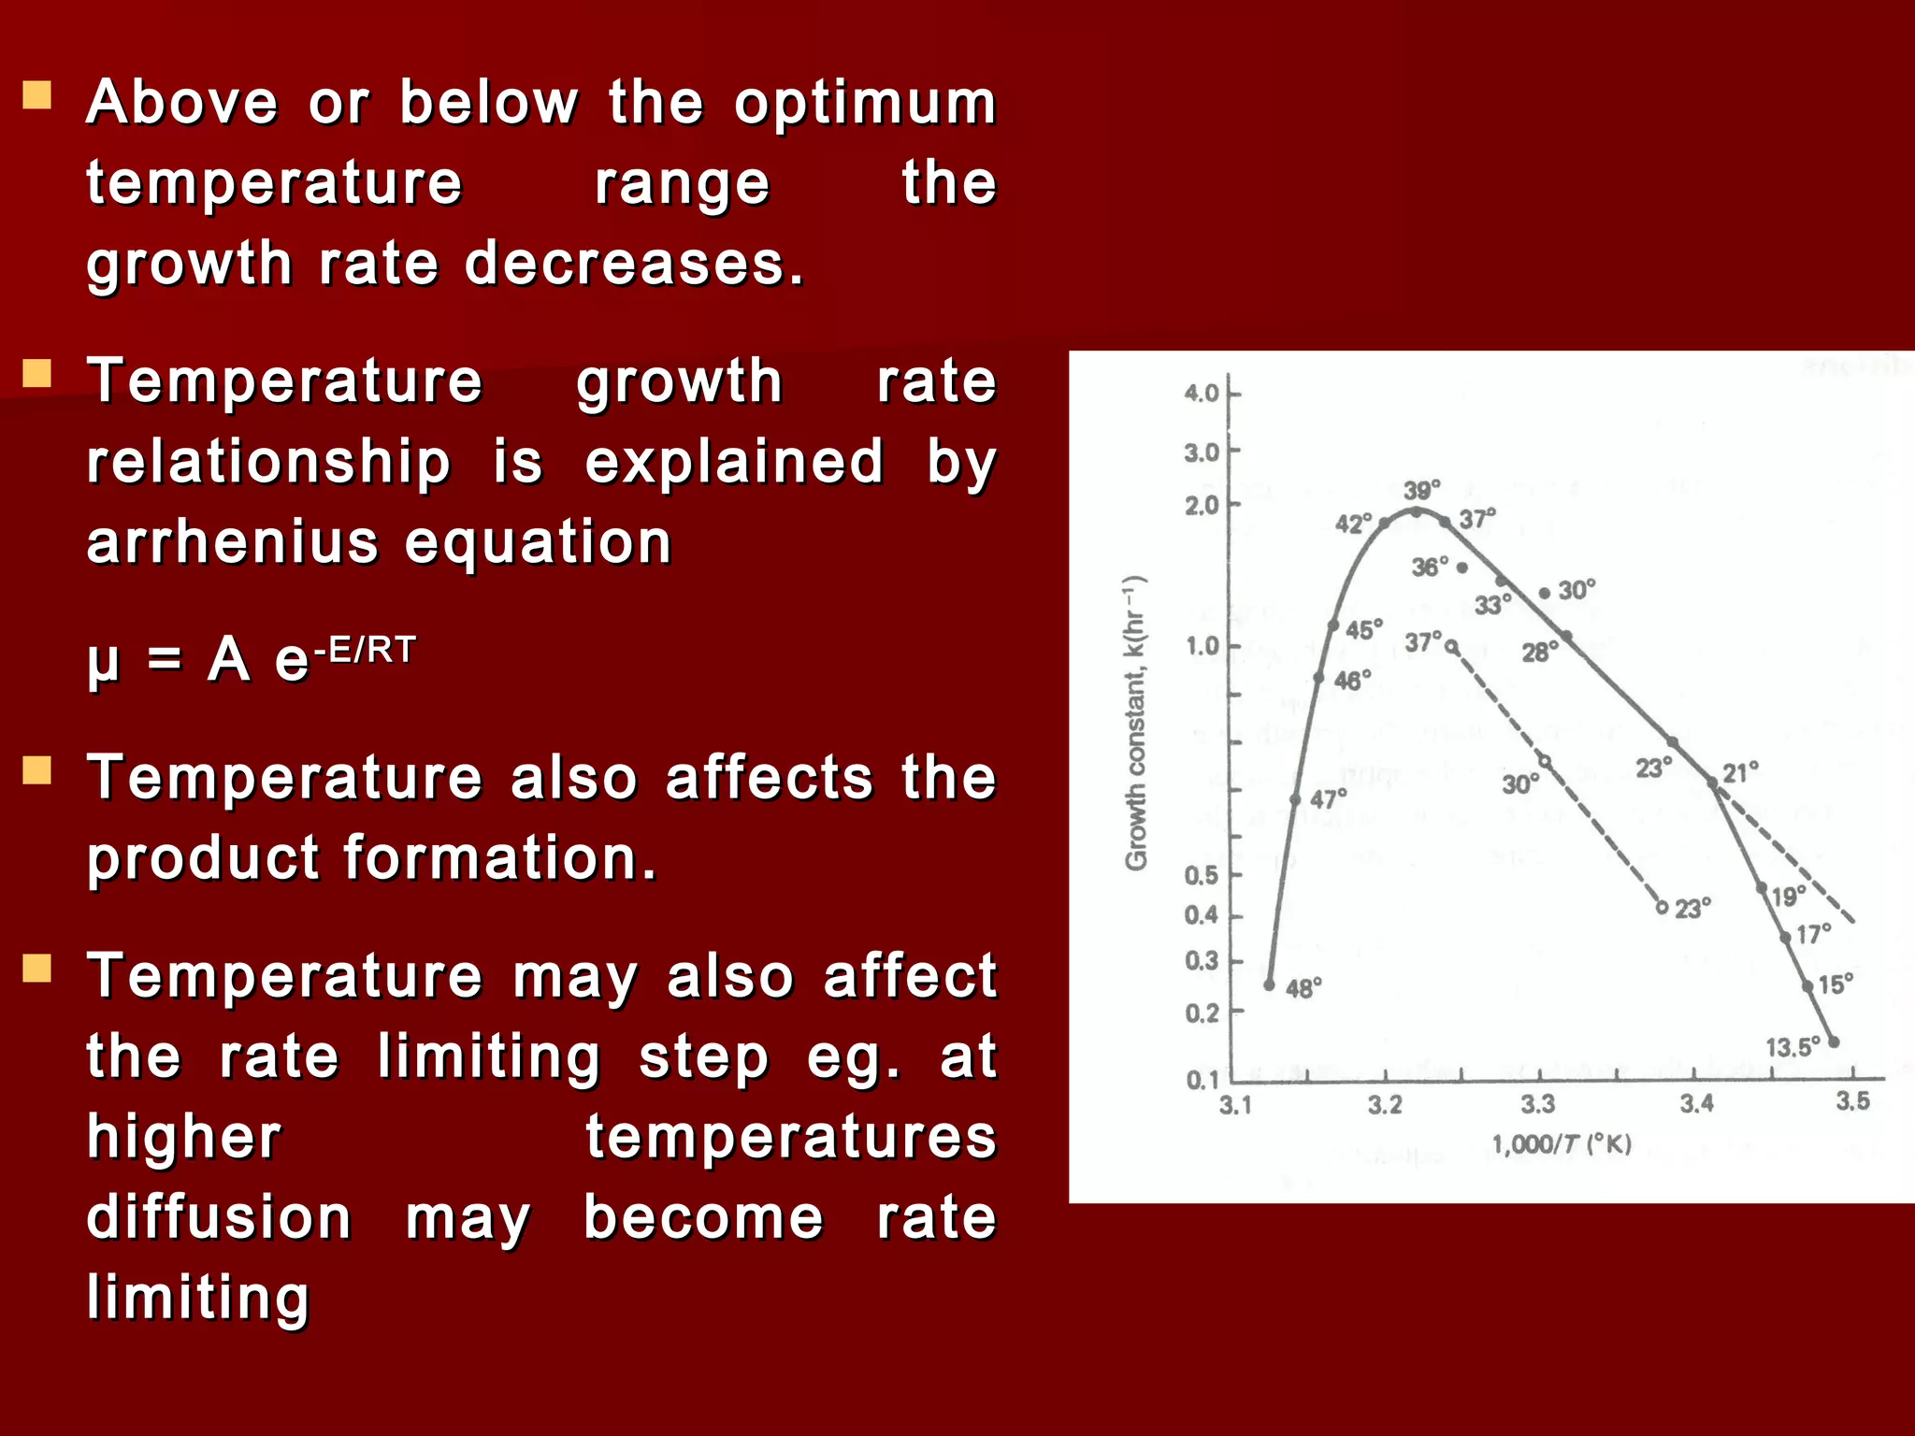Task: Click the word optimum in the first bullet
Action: point(865,105)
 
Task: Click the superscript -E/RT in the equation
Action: point(365,649)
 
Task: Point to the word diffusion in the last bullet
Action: point(219,1217)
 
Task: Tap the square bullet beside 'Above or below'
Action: point(37,95)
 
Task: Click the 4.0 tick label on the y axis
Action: point(1202,394)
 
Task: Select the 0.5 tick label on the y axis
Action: point(1202,876)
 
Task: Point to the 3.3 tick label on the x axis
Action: point(1537,1105)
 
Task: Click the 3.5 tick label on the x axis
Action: point(1852,1101)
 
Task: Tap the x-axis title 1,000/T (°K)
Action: point(1561,1144)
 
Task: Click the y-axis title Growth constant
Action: point(1135,724)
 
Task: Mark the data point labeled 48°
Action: point(1269,984)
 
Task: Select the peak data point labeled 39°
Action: point(1416,511)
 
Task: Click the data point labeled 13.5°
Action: point(1834,1041)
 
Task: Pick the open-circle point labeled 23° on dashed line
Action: point(1662,908)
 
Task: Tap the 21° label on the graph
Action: point(1740,773)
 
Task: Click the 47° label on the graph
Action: point(1328,799)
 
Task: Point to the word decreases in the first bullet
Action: point(633,264)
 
